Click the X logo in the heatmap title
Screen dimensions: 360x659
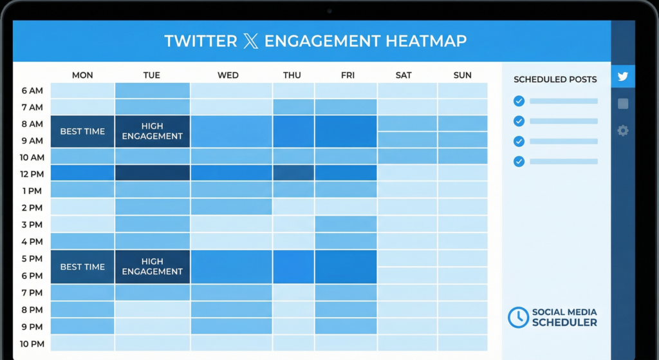point(250,41)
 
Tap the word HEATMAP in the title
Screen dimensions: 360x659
point(426,41)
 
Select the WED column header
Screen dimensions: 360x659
point(228,75)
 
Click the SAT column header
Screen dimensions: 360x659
point(404,75)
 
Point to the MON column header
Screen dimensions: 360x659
point(82,75)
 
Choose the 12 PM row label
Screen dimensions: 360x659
point(32,174)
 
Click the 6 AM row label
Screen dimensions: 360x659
point(32,91)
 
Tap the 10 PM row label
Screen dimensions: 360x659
point(32,343)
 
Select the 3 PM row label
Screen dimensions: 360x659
point(32,224)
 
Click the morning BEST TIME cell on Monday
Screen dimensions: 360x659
point(82,131)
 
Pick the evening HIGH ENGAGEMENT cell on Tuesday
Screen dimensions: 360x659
point(153,267)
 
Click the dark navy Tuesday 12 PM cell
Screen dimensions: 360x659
point(153,173)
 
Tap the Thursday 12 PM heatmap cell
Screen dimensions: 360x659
point(293,173)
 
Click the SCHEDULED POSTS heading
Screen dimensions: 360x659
point(555,80)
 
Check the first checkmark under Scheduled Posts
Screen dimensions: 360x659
point(519,101)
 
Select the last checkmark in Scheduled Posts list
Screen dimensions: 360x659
point(519,162)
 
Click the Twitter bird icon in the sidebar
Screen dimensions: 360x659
point(622,77)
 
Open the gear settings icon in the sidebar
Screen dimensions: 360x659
point(622,131)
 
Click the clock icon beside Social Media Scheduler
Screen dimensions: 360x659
point(518,317)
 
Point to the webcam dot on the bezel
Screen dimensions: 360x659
point(329,11)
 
